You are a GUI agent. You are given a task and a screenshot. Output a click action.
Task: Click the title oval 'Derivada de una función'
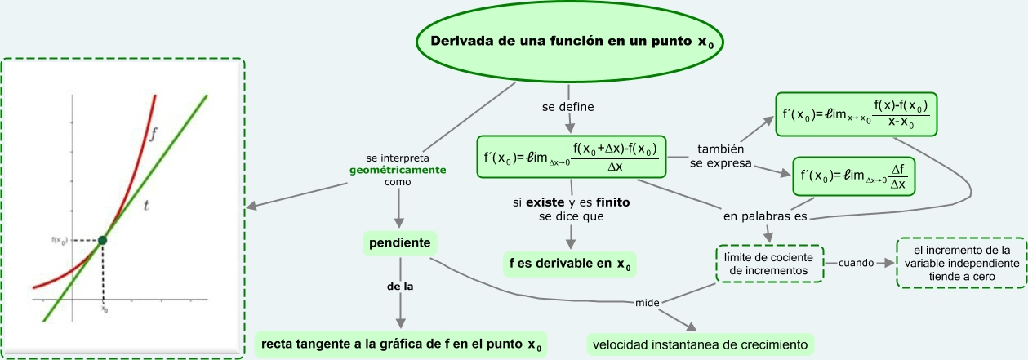click(x=571, y=42)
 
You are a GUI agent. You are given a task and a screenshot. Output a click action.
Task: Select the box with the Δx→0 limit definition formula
click(x=571, y=157)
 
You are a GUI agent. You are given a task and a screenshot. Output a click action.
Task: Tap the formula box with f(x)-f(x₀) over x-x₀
click(x=857, y=114)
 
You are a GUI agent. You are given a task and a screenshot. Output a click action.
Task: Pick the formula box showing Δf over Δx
click(x=854, y=176)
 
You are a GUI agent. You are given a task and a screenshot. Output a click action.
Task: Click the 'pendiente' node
click(x=399, y=243)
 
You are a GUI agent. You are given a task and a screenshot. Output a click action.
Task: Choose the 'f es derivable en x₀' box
click(x=568, y=264)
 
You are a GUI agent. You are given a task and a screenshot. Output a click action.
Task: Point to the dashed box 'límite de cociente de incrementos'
click(x=769, y=264)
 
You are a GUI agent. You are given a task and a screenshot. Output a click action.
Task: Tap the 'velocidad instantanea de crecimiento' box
click(x=701, y=344)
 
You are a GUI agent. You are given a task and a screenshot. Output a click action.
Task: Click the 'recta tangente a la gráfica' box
click(x=401, y=344)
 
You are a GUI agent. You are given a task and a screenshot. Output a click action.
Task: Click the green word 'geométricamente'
click(x=398, y=171)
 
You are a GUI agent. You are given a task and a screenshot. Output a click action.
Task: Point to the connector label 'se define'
click(x=568, y=107)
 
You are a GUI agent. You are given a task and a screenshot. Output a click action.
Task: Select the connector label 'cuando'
click(x=855, y=264)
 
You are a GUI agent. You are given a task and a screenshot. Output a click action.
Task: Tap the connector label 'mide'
click(x=647, y=304)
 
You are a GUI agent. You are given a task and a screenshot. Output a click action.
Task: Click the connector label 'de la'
click(x=399, y=287)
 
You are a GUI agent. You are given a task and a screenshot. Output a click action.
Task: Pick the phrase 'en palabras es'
click(x=764, y=218)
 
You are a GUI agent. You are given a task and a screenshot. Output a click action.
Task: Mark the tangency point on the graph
click(x=102, y=240)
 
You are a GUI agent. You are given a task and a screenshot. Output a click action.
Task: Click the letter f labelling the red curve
click(x=154, y=136)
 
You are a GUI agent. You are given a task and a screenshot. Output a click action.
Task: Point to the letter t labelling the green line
click(x=146, y=207)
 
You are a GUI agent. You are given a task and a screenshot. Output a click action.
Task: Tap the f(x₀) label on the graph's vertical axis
click(x=58, y=240)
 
